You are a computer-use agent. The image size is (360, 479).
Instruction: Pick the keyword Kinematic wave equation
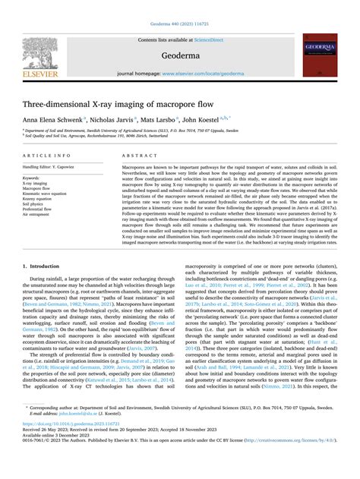point(46,193)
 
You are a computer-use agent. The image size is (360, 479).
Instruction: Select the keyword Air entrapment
point(39,214)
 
